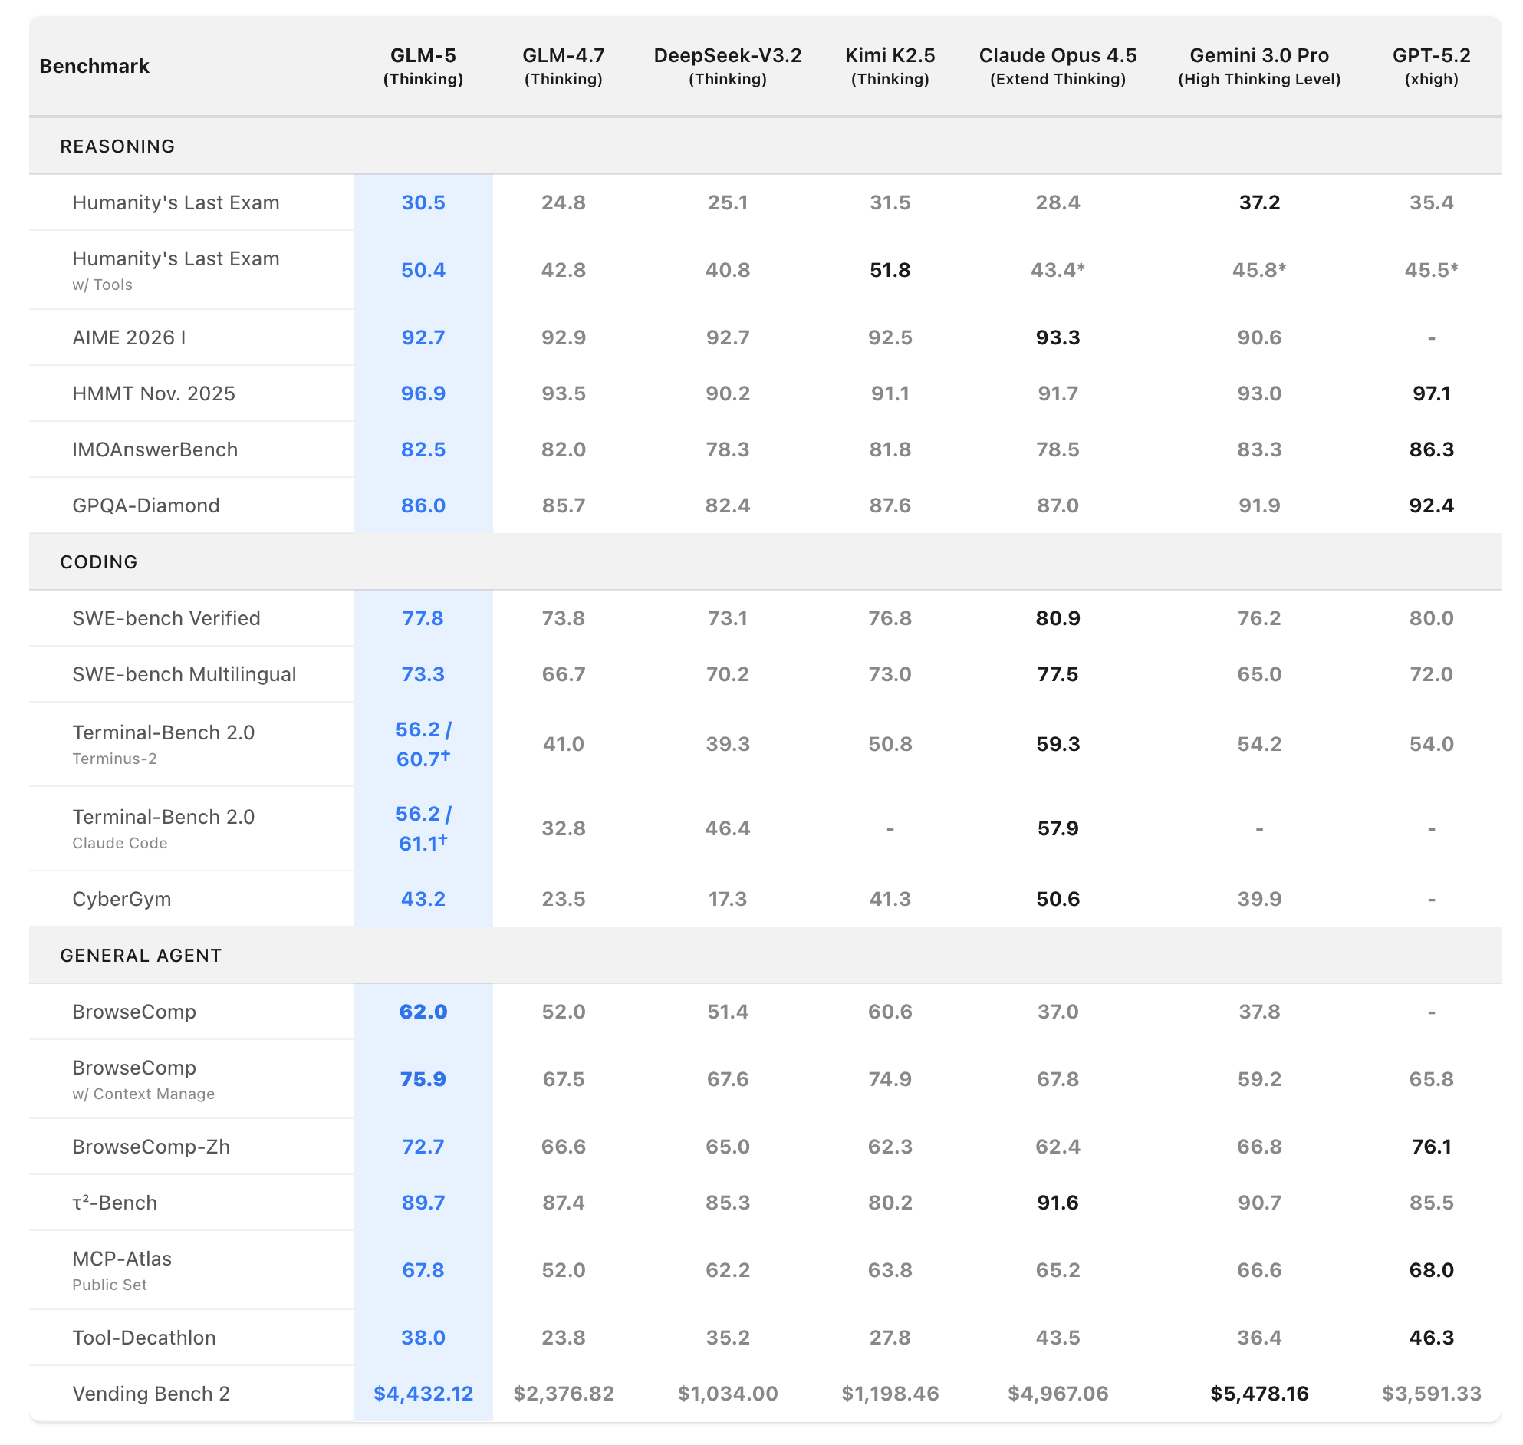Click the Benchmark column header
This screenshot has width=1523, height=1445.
[94, 66]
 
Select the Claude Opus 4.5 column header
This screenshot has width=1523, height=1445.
[1058, 66]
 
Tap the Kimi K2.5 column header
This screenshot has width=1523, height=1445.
[890, 66]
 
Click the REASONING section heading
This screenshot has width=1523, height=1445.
[117, 146]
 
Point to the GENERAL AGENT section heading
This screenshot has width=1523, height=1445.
[140, 955]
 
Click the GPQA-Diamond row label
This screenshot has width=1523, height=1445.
[146, 505]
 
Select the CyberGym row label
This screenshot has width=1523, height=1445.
[122, 899]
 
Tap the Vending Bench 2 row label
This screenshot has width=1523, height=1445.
[151, 1394]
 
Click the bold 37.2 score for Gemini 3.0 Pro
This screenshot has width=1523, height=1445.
[1259, 202]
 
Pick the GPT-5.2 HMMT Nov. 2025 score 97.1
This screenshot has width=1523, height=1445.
[1431, 393]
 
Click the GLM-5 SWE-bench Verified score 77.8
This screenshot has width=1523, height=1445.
[423, 617]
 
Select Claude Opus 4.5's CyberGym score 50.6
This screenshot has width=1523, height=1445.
[1058, 899]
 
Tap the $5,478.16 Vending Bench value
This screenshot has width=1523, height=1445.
[1259, 1394]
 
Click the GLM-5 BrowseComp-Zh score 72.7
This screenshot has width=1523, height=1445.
[423, 1146]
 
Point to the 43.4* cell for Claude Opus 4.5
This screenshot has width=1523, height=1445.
[1058, 269]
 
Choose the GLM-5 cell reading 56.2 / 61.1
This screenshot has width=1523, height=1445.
[423, 829]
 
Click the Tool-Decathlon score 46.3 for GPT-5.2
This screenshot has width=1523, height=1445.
[1431, 1337]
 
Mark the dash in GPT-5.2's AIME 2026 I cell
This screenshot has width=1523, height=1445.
[1431, 337]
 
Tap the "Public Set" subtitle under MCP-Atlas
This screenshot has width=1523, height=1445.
[110, 1285]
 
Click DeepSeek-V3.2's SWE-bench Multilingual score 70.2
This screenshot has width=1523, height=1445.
[727, 674]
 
